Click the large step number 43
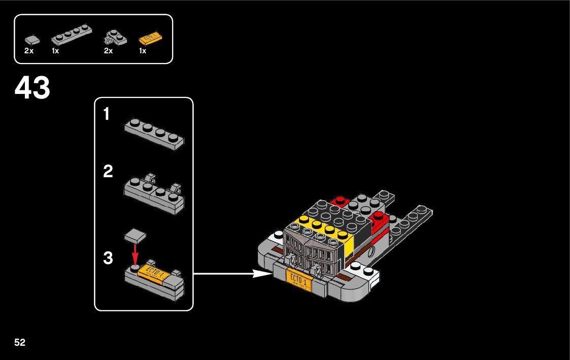(32, 88)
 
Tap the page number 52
(20, 342)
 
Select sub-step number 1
(106, 115)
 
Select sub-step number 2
(108, 172)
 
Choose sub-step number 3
(108, 258)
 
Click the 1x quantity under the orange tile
(143, 51)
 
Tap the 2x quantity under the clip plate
(108, 51)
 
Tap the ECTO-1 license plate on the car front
(299, 278)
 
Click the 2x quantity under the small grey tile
(28, 51)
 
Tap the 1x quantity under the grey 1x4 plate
(55, 51)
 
